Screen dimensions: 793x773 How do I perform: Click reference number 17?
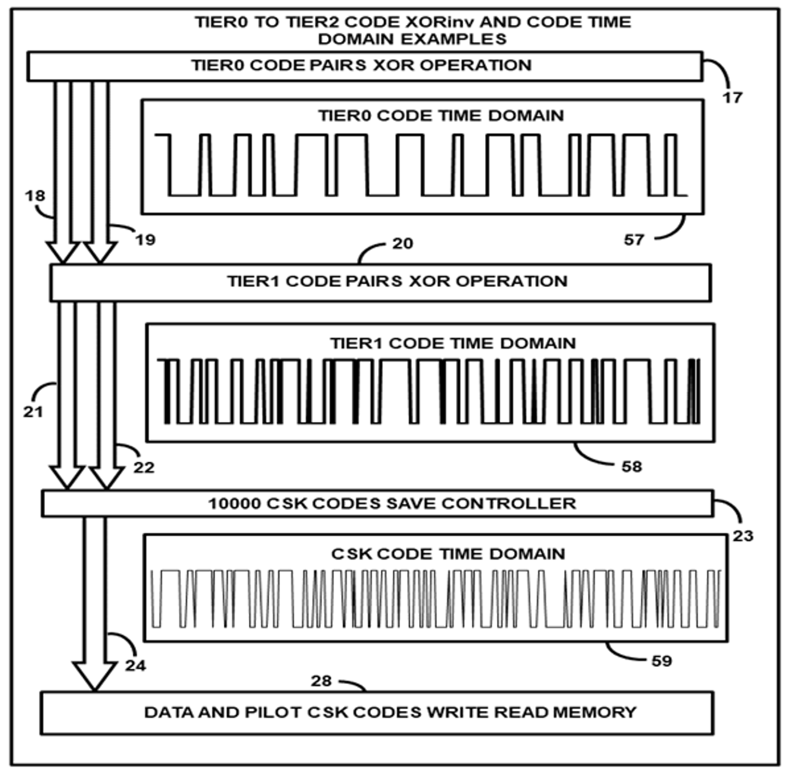[732, 98]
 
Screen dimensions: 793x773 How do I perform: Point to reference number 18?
[35, 196]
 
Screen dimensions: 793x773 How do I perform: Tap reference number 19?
[146, 240]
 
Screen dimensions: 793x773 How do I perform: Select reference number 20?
[402, 244]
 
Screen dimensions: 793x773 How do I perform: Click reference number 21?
[33, 412]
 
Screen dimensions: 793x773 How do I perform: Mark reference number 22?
[144, 467]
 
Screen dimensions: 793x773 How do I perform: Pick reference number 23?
[743, 536]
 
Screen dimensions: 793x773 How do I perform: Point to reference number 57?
[634, 240]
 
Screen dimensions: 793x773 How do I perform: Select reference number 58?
[632, 467]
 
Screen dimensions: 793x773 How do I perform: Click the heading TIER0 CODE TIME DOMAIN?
[441, 116]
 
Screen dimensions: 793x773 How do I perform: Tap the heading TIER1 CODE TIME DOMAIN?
[453, 343]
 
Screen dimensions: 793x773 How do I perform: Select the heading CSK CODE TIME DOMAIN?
[448, 554]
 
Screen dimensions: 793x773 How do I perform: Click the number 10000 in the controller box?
[234, 504]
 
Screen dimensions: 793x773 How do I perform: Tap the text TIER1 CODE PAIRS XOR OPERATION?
[397, 281]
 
